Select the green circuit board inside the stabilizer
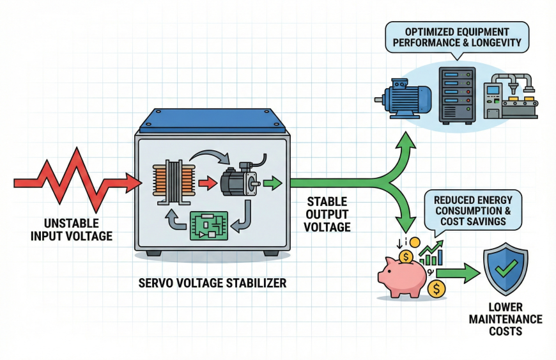(209, 226)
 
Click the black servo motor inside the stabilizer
(238, 182)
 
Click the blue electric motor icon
(406, 96)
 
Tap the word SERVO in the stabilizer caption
(157, 281)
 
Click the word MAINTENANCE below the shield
(506, 319)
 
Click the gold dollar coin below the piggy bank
(437, 288)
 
